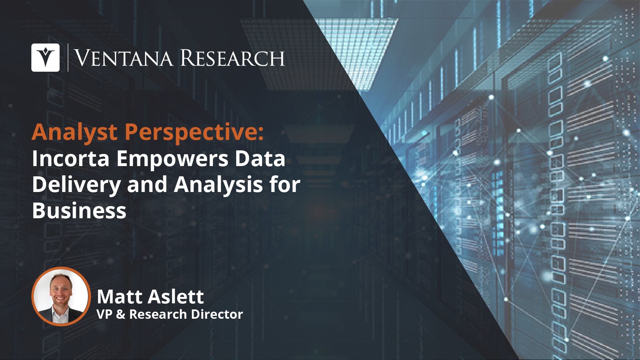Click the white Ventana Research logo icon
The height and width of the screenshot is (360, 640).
point(45,58)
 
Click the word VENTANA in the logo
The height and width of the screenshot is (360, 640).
point(124,58)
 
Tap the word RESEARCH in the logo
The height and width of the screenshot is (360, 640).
point(233,58)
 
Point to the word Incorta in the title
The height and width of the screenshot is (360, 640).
point(71,159)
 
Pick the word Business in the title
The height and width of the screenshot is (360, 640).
point(79,211)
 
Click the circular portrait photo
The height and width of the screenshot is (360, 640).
point(61,296)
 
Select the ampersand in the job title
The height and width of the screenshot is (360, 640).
point(120,314)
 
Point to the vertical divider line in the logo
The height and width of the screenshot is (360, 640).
point(68,58)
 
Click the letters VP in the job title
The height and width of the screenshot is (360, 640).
point(104,314)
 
